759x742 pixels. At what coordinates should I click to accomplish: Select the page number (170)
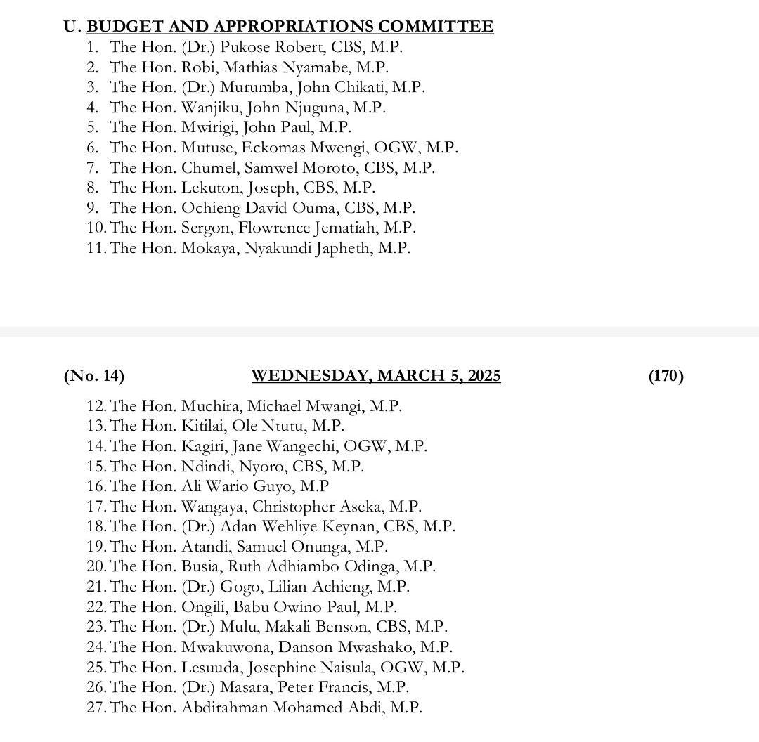pos(666,376)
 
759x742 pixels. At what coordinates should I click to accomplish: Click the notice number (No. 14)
pos(93,376)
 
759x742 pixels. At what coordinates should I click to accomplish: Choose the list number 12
pos(96,406)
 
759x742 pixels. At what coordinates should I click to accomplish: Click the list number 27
pos(96,708)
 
